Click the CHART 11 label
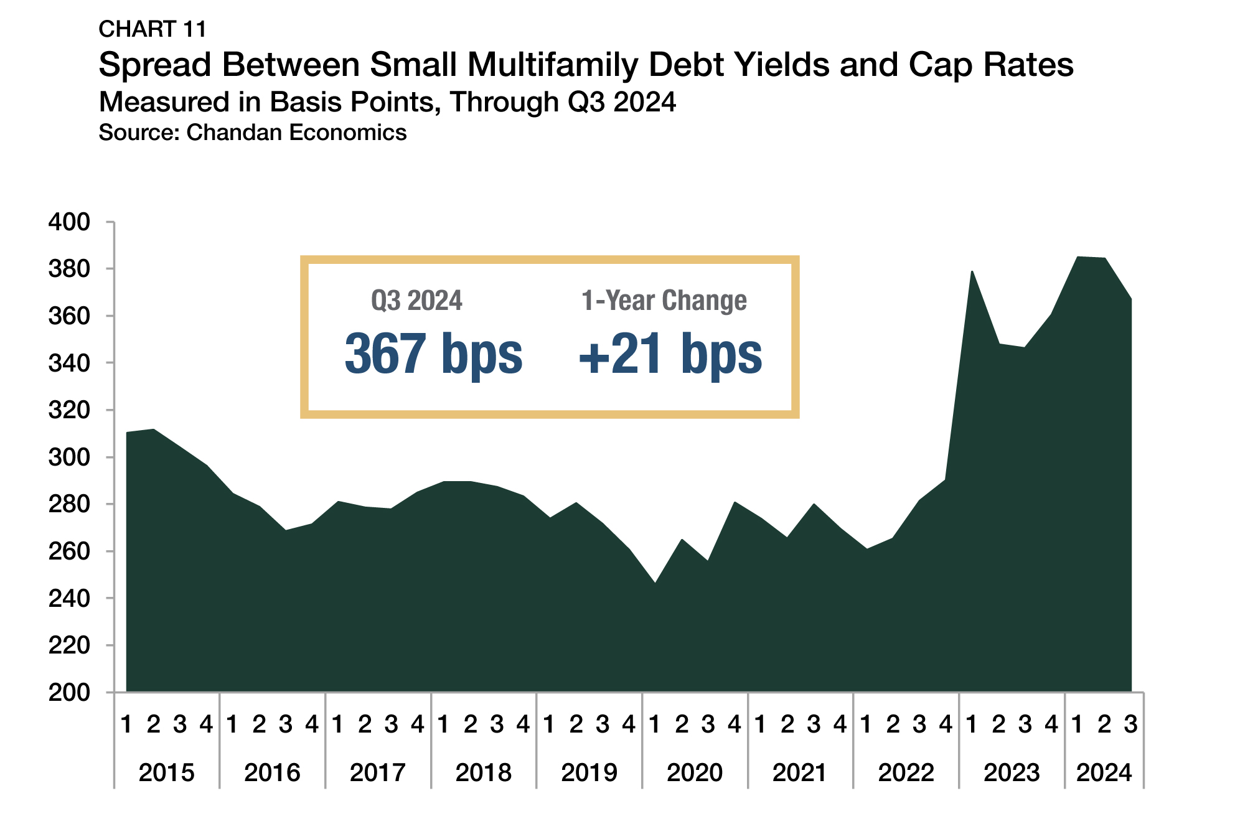(153, 29)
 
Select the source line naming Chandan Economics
(253, 133)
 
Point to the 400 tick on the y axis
(69, 222)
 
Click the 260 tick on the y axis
(69, 551)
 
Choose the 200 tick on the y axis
(69, 692)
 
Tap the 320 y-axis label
(69, 410)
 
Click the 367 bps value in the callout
(434, 354)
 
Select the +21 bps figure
(670, 354)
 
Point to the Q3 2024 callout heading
(416, 301)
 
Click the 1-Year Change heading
(664, 301)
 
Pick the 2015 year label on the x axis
(166, 773)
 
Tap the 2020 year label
(694, 773)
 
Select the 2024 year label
(1104, 773)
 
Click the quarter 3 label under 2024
(1130, 724)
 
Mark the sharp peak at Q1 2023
(972, 272)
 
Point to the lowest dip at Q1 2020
(655, 583)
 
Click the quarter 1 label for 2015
(126, 724)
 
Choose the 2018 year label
(483, 773)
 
